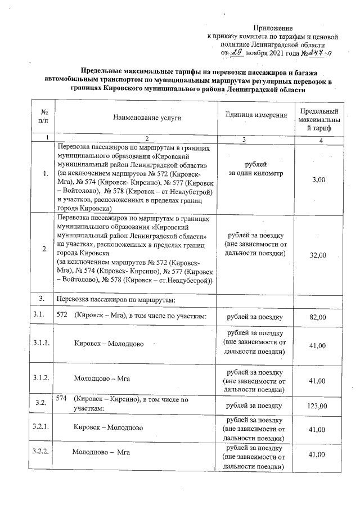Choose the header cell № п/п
coord(43,117)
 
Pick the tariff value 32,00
coord(319,255)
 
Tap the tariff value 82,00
coord(319,318)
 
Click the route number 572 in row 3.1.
coord(62,318)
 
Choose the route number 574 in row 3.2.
coord(62,399)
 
